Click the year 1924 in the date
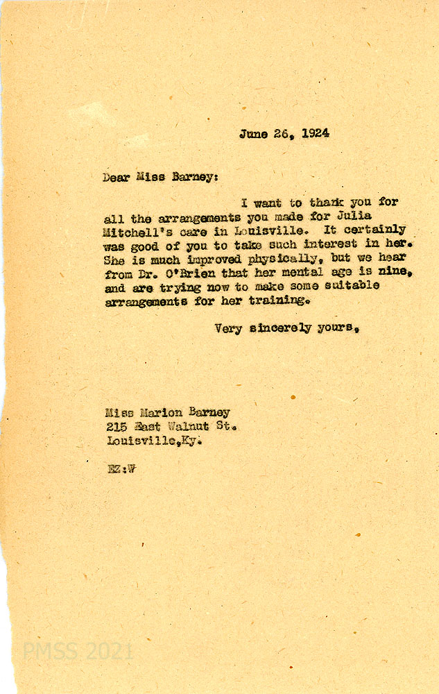tap(313, 134)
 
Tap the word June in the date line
tap(254, 134)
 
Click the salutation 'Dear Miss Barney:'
tap(160, 177)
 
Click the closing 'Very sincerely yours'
tap(286, 328)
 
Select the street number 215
tap(117, 427)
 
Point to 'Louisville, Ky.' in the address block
tap(154, 441)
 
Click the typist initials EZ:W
tap(121, 468)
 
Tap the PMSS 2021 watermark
tap(78, 652)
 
